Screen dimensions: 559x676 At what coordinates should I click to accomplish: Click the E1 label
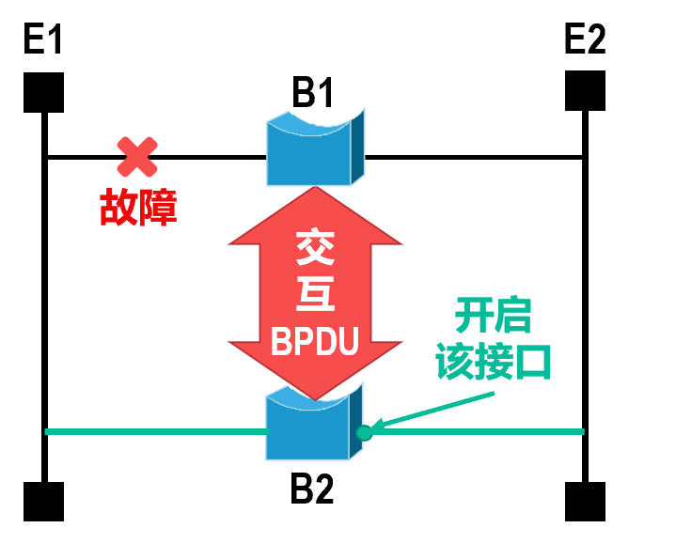click(44, 42)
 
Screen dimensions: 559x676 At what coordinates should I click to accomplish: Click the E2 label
click(585, 40)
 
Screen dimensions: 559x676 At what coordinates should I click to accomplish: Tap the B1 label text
click(314, 94)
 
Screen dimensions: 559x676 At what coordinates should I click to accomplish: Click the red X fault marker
click(137, 157)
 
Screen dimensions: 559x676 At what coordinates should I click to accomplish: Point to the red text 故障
click(138, 208)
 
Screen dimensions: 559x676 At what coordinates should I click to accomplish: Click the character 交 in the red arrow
click(316, 250)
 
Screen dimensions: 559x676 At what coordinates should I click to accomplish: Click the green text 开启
click(493, 317)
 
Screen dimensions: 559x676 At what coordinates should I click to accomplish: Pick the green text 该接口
click(493, 363)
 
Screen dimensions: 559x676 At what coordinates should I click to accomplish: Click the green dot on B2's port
click(365, 432)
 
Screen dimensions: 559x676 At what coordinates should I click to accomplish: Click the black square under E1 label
click(44, 92)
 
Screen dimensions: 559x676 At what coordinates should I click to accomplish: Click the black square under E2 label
click(585, 91)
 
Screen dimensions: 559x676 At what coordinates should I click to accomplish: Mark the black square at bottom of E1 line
click(44, 501)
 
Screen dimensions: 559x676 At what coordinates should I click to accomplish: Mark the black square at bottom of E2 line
click(585, 501)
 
